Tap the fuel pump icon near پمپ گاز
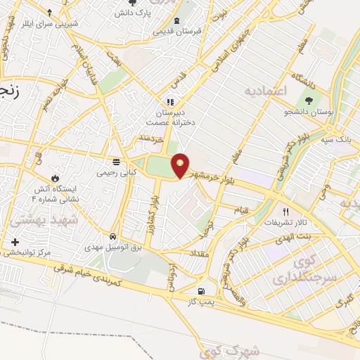[202, 290]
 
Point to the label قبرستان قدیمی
[174, 30]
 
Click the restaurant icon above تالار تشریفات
[285, 211]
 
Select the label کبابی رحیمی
[117, 172]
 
